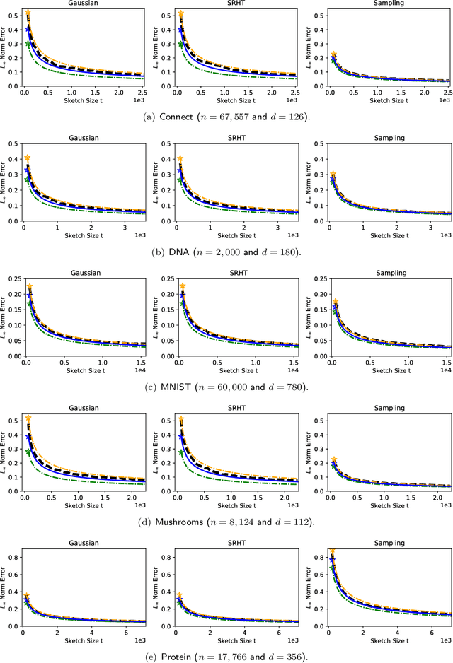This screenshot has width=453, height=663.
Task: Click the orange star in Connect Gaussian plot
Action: coord(28,13)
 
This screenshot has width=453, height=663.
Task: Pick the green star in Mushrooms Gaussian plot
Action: coord(28,452)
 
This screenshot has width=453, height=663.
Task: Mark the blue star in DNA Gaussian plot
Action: coord(28,170)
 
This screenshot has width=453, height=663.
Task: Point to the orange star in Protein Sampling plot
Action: coord(332,551)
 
